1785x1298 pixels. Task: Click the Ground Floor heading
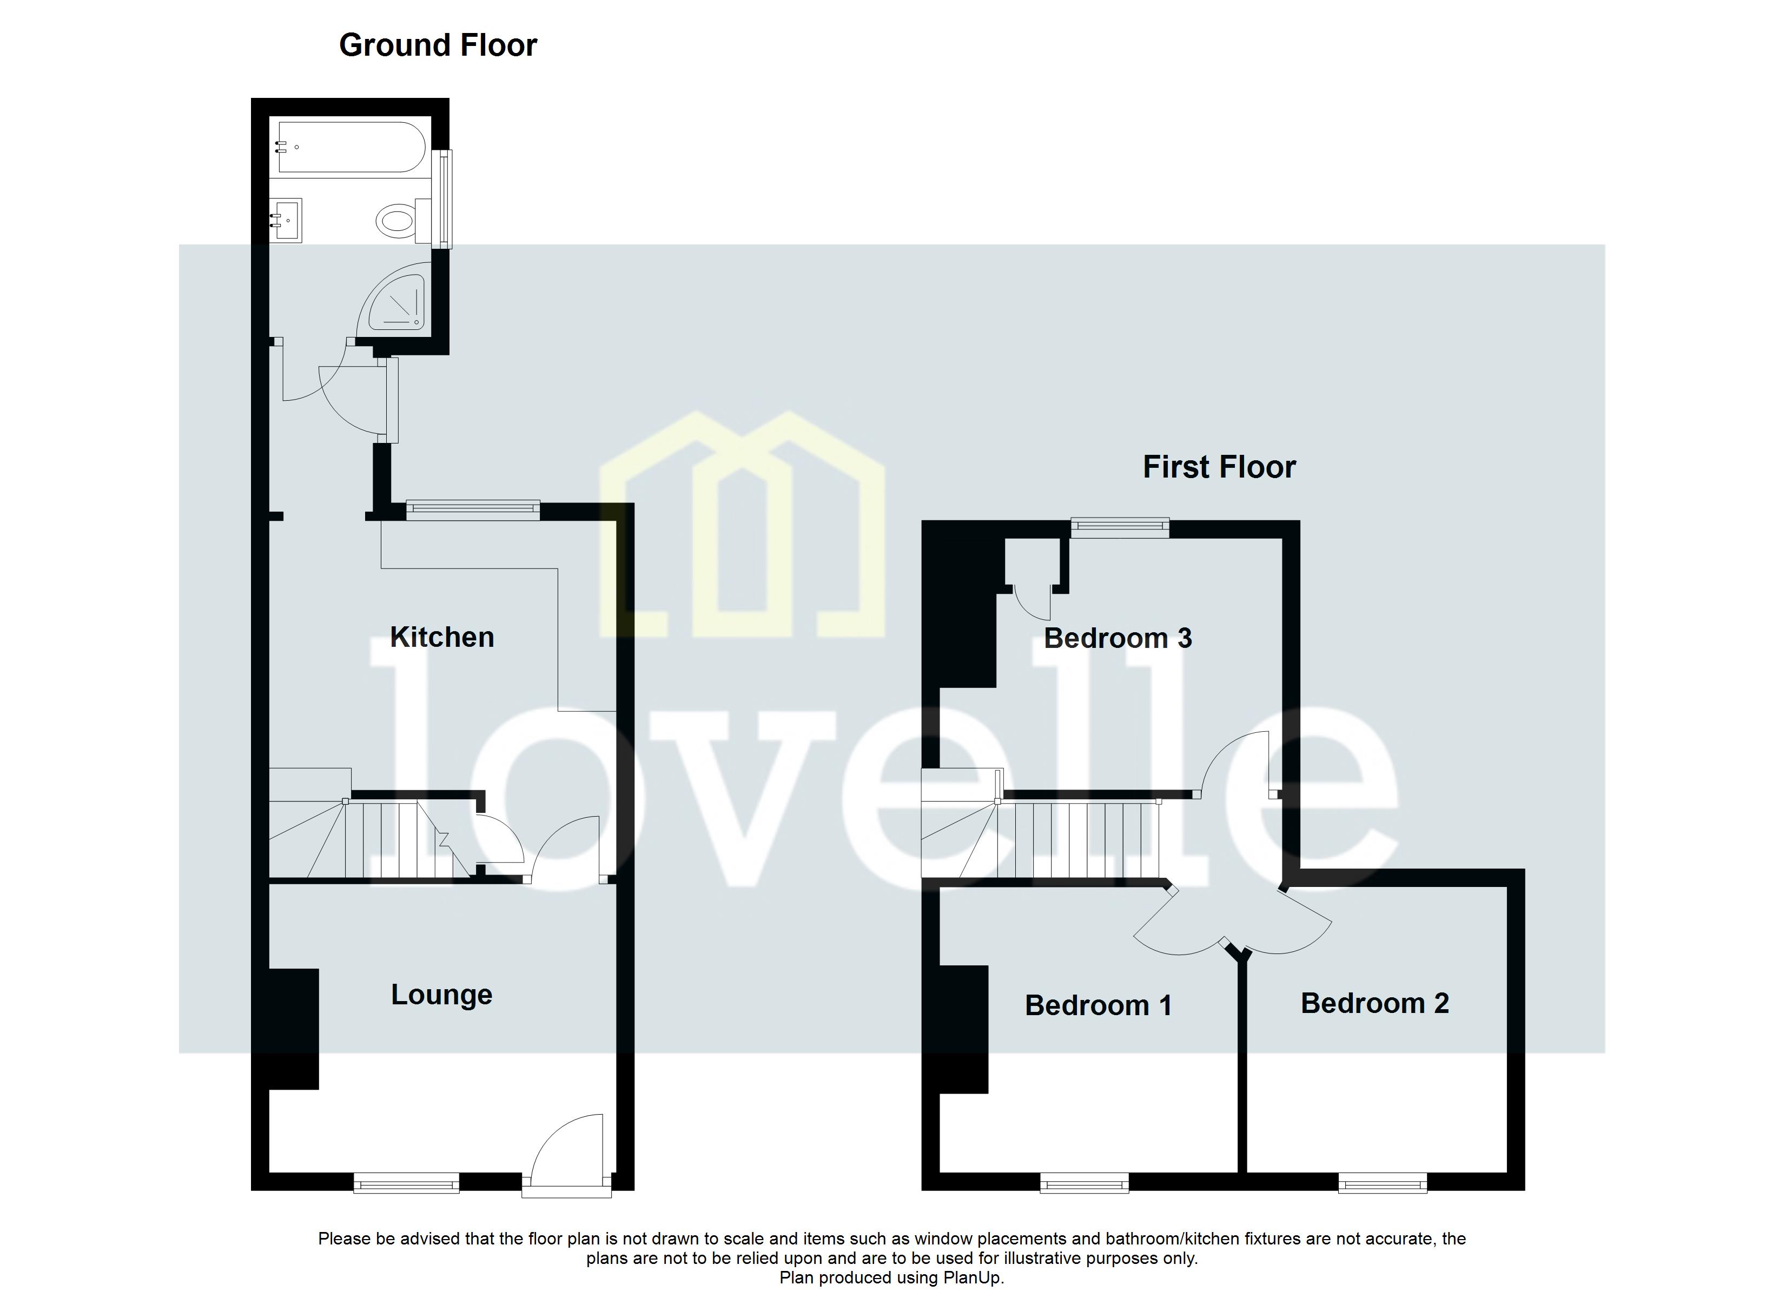pyautogui.click(x=438, y=45)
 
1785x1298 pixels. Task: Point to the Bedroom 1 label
pyautogui.click(x=1098, y=1005)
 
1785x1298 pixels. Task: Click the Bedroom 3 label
pyautogui.click(x=1117, y=638)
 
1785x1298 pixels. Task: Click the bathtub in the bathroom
pyautogui.click(x=351, y=147)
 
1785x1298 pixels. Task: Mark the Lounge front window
pyautogui.click(x=406, y=1183)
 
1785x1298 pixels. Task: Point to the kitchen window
pyautogui.click(x=472, y=510)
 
